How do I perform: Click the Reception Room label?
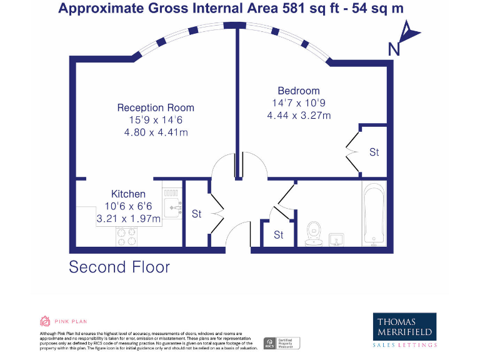click(156, 107)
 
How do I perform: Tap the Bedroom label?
click(298, 91)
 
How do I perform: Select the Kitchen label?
click(128, 194)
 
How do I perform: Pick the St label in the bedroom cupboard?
click(374, 152)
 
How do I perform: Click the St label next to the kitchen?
click(196, 214)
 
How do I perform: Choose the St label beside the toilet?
click(279, 235)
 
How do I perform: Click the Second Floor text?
click(119, 267)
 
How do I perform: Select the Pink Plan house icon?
click(44, 322)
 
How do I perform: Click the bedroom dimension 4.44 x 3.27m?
click(298, 115)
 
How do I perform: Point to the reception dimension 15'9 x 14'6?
click(156, 119)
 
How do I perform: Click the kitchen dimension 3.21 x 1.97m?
click(128, 218)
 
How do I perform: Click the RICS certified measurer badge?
click(281, 342)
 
